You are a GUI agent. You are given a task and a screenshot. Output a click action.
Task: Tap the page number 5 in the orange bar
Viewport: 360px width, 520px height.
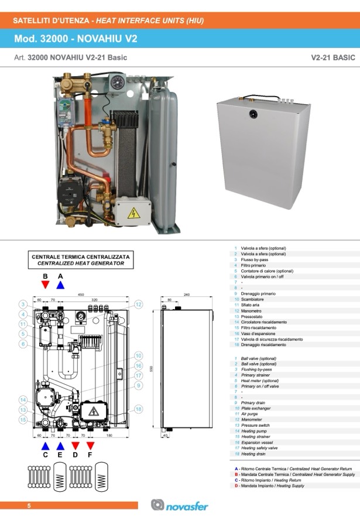(28, 505)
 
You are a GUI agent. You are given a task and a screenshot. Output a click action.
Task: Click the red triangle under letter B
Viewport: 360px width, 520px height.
(45, 285)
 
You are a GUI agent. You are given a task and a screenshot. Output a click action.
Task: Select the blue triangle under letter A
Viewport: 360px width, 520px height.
(60, 285)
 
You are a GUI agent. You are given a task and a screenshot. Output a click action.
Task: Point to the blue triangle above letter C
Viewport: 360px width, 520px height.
(45, 445)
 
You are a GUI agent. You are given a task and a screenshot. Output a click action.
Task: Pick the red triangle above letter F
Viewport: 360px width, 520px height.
(90, 445)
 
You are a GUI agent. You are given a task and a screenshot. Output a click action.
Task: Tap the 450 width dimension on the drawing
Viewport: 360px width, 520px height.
(81, 295)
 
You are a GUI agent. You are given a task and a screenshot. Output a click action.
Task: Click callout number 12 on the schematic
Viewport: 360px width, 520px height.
(139, 305)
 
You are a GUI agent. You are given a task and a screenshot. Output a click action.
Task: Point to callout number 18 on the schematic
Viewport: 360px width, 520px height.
(139, 409)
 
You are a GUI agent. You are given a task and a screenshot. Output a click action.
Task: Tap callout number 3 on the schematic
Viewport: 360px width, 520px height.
(22, 305)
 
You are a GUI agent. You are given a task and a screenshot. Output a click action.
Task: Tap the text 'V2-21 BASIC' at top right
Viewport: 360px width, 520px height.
(334, 58)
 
